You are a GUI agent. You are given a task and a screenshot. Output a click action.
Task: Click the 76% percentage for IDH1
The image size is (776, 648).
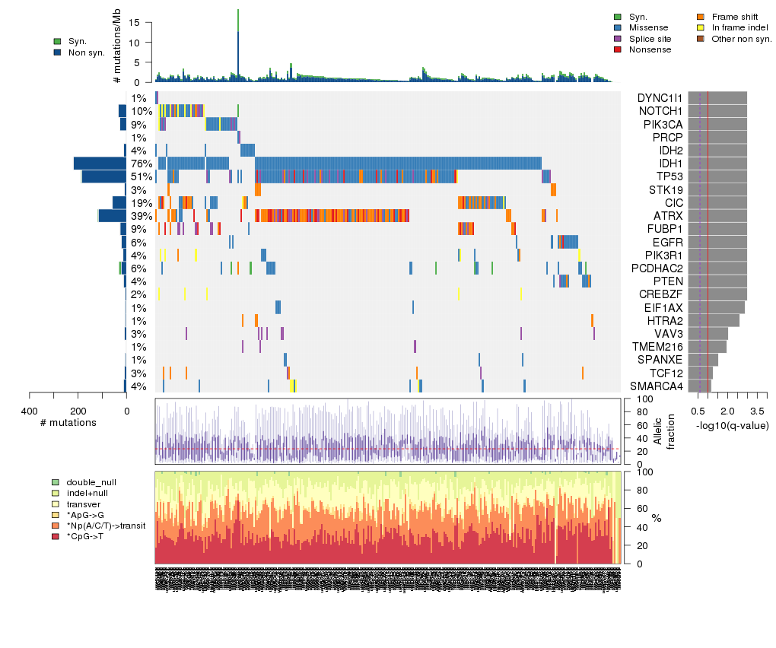coord(141,164)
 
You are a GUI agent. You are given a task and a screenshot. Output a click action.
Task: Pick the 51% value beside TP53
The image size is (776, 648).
coord(141,176)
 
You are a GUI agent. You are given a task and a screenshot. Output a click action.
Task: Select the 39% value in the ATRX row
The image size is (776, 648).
coord(141,216)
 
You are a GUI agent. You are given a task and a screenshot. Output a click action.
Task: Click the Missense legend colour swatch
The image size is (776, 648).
coord(618,27)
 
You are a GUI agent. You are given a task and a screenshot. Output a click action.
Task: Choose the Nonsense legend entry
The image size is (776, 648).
coord(650,49)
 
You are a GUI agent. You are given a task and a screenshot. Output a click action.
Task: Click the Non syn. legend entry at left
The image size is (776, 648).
coord(86,52)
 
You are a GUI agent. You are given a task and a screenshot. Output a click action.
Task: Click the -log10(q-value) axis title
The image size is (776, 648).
coord(732,425)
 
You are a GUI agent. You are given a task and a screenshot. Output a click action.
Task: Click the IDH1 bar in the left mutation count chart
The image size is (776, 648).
coord(100,164)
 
